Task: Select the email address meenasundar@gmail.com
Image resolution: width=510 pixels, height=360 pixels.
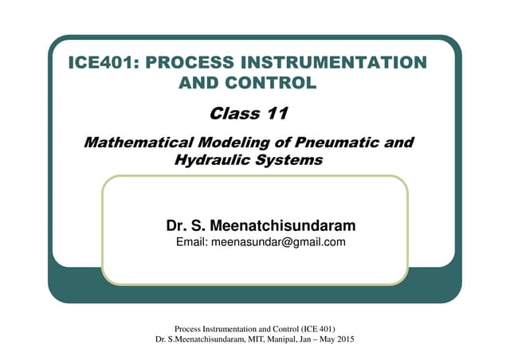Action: click(x=278, y=242)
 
